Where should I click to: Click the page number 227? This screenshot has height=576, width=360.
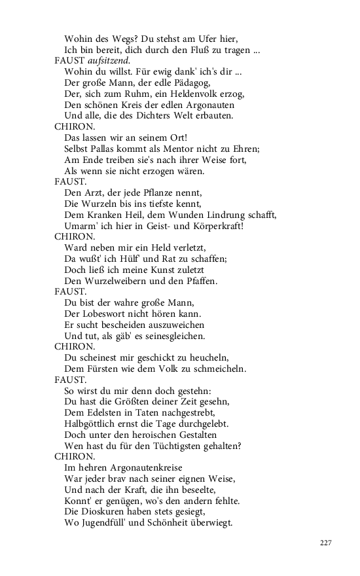click(x=327, y=543)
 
